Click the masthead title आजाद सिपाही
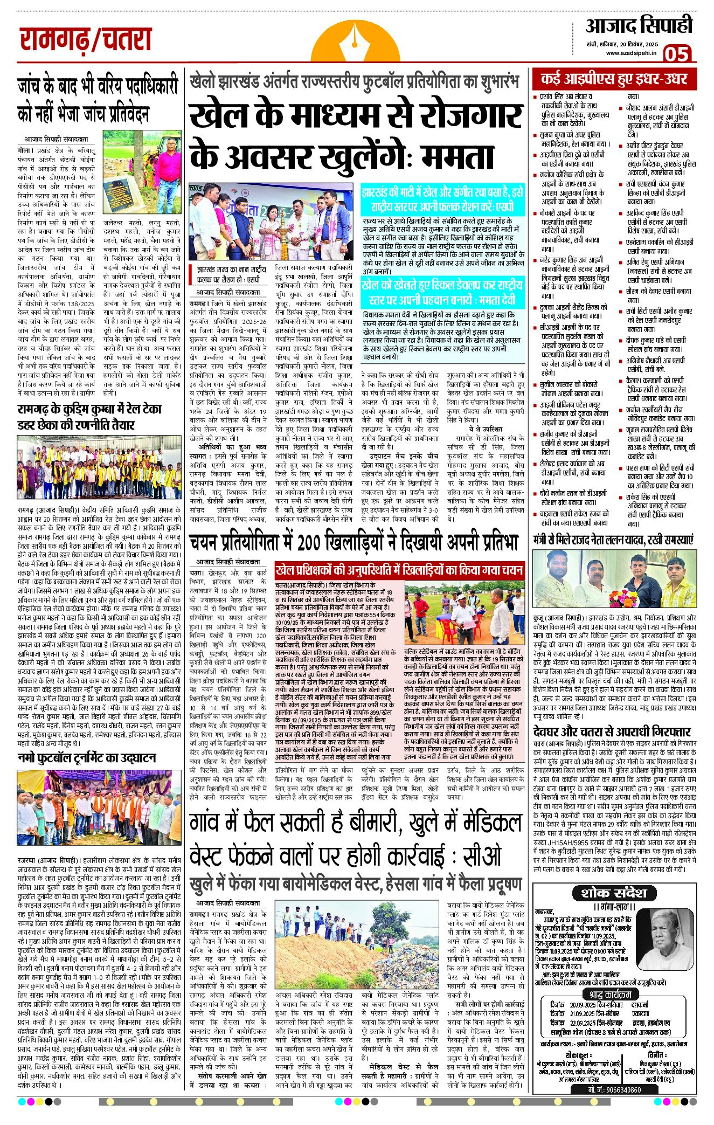pyautogui.click(x=639, y=26)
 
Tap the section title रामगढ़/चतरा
pyautogui.click(x=85, y=40)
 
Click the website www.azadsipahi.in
pyautogui.click(x=631, y=53)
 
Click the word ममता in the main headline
pyautogui.click(x=458, y=156)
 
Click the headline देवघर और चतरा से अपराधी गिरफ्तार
pyautogui.click(x=612, y=732)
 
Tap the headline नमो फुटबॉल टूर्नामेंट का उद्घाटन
pyautogui.click(x=86, y=758)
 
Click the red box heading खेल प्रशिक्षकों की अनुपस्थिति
pyautogui.click(x=399, y=570)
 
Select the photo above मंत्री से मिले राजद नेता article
pyautogui.click(x=614, y=579)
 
